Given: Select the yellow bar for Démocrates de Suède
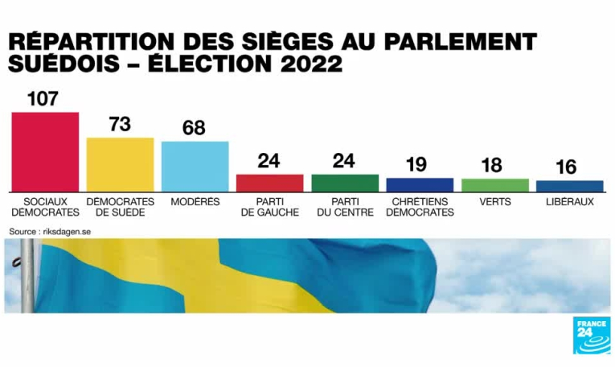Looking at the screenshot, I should [x=120, y=164].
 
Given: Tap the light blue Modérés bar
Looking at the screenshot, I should [x=195, y=166].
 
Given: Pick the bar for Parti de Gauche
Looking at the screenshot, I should [x=269, y=183].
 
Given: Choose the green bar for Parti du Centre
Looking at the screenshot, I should [x=344, y=183].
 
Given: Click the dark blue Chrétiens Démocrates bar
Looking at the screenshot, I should [x=420, y=184].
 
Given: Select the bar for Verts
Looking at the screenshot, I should [x=494, y=185].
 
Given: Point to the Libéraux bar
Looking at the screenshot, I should [x=569, y=186].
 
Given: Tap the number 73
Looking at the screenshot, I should [x=120, y=125].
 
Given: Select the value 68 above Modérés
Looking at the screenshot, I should [x=194, y=128].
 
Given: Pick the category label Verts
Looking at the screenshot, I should [x=494, y=202].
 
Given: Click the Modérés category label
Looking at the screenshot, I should [x=195, y=202].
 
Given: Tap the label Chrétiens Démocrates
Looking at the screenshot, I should [x=420, y=207].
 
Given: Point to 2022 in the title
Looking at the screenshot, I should [x=312, y=64].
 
